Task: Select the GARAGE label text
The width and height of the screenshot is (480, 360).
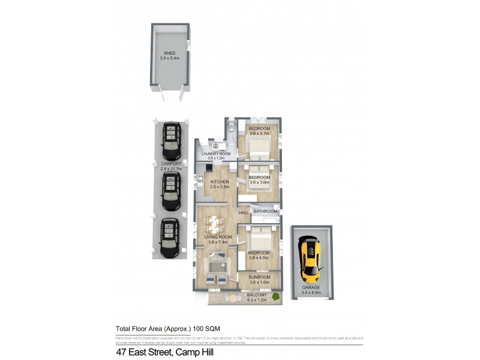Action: click(311, 287)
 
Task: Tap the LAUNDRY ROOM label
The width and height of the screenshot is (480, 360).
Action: click(216, 154)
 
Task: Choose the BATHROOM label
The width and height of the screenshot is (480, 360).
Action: click(265, 211)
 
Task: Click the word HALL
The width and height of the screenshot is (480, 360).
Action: click(244, 213)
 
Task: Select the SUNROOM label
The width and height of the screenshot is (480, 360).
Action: click(259, 278)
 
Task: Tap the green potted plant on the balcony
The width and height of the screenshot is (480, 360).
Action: click(275, 296)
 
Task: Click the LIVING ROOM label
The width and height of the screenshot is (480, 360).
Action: click(217, 238)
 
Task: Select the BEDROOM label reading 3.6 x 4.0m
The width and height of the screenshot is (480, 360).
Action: click(259, 253)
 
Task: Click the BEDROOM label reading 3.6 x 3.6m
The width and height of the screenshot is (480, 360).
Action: click(259, 178)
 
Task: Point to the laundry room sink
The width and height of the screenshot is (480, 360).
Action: click(215, 146)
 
